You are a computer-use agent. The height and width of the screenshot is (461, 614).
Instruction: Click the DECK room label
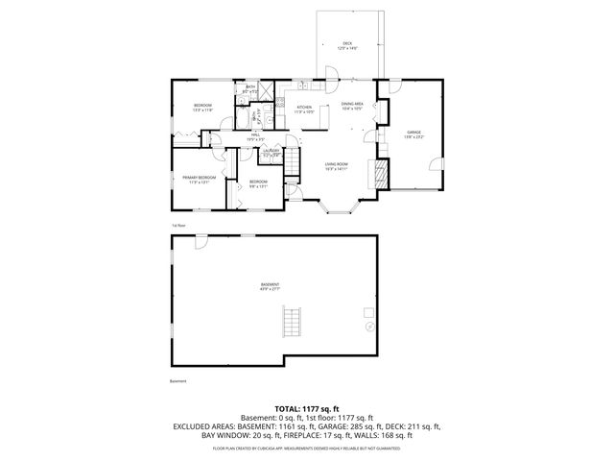pos(348,44)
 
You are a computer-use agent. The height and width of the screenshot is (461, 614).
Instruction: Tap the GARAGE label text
pos(413,132)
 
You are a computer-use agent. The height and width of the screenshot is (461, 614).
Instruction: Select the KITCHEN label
pos(305,107)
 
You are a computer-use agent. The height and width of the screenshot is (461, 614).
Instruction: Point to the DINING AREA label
pos(352,104)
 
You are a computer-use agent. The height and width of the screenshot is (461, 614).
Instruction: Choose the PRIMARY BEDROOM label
pos(199,178)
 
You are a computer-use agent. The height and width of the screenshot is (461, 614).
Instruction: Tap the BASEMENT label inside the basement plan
pos(271,285)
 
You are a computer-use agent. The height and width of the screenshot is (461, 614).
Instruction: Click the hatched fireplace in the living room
pos(382,173)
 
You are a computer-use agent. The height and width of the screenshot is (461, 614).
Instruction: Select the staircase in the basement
pos(294,322)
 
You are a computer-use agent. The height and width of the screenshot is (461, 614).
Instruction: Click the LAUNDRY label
pos(272,152)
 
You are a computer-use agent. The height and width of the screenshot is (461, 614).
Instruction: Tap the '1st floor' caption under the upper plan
pos(178,227)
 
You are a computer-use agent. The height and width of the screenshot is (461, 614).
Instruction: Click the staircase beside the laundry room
pos(258,116)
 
